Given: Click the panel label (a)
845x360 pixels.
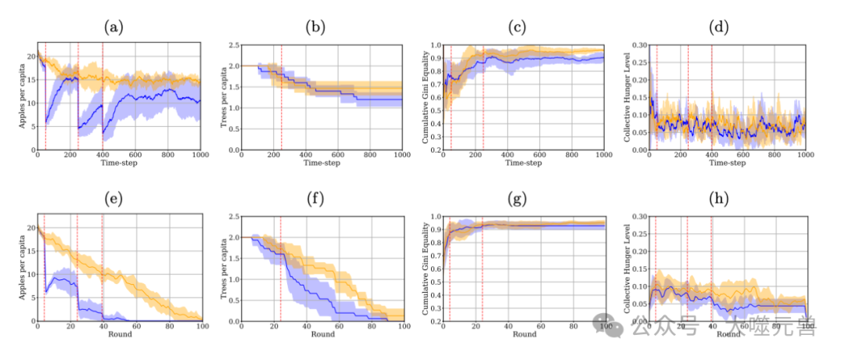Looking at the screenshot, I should click(114, 28).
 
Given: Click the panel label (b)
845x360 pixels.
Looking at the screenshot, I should click(315, 28).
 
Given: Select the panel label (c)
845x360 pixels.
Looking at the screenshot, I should click(516, 28).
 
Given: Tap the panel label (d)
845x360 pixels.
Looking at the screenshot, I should click(717, 28).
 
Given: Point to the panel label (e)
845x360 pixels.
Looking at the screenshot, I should click(114, 200).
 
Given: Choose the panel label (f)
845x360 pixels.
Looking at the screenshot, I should click(315, 200).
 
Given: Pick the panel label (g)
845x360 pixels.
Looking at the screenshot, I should click(516, 200).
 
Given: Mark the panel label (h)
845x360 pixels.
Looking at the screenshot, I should click(717, 200).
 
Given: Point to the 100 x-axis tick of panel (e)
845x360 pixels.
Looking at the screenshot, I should click(200, 327).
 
